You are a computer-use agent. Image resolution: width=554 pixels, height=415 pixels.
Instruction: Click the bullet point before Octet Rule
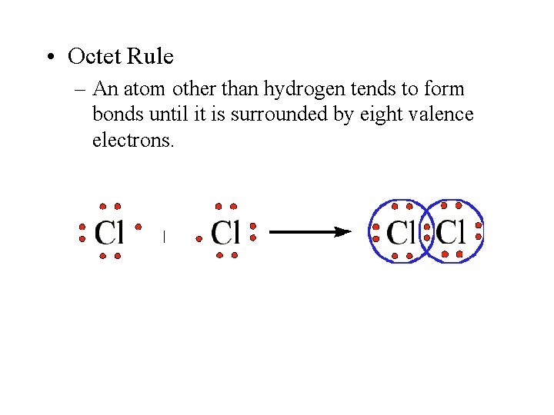point(48,58)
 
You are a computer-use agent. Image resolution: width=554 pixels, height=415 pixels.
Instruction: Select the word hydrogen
point(299,89)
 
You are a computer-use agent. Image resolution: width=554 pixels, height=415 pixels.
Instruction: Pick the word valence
point(444,115)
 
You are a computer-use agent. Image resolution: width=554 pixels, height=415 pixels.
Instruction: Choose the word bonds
point(115,115)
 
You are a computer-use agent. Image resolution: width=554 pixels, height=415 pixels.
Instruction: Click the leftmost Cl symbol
point(109,231)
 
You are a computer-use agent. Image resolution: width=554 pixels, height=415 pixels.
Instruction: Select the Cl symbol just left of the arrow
point(226,231)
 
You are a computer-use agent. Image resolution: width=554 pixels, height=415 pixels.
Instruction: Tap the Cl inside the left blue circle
point(400,231)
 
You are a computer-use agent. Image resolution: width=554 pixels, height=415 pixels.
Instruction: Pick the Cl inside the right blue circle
point(452,231)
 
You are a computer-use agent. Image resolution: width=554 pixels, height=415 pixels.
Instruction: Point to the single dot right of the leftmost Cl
point(138,227)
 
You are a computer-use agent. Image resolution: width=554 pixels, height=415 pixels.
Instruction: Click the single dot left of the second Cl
point(199,239)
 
